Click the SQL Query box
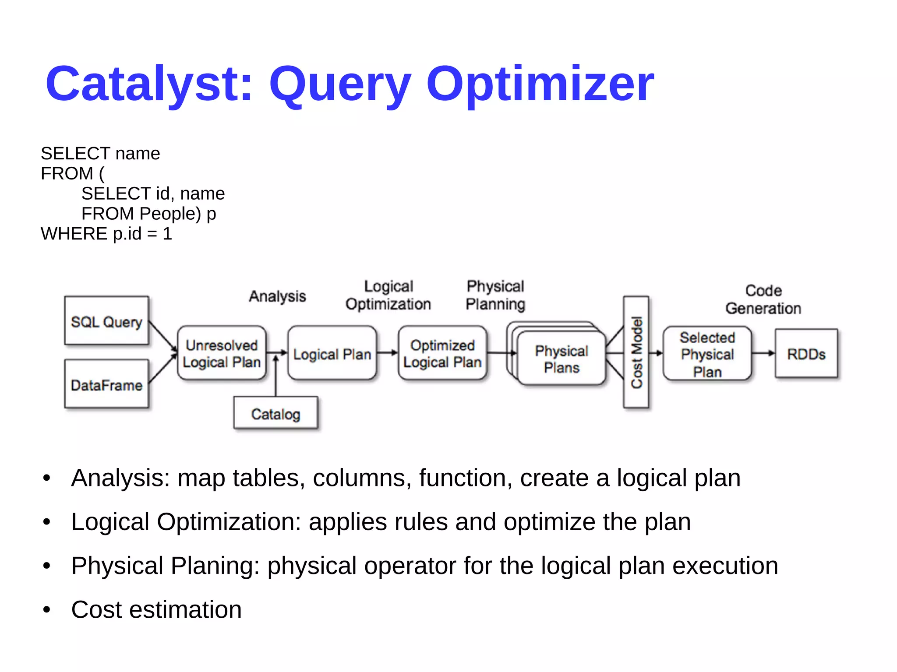pos(106,321)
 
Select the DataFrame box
pos(106,384)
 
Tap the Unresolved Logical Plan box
pos(221,353)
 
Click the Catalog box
pos(275,413)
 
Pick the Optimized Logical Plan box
pos(442,353)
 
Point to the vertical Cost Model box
pos(636,352)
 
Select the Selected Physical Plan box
pos(707,353)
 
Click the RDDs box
pos(806,353)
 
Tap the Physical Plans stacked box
pos(562,358)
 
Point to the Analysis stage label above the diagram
pos(277,296)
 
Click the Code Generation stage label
pos(763,299)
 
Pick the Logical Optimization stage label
pos(388,295)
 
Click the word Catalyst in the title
pos(149,84)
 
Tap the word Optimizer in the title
pos(540,84)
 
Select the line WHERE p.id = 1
pos(106,234)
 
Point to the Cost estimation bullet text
pos(156,609)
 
